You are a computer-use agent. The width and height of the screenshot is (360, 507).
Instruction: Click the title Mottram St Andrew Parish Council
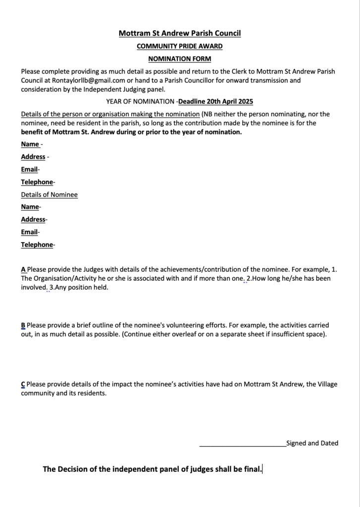click(x=180, y=34)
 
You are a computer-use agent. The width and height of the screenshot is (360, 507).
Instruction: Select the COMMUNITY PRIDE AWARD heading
click(x=180, y=47)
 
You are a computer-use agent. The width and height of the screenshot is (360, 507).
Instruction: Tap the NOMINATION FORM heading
click(x=180, y=59)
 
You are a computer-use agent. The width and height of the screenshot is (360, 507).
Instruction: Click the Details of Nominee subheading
click(x=49, y=195)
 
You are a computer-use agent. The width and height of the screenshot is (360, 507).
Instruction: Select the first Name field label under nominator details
click(x=30, y=144)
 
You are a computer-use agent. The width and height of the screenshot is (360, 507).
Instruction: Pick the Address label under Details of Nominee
click(x=33, y=219)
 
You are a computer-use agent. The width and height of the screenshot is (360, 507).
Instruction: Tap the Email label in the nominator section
click(x=29, y=169)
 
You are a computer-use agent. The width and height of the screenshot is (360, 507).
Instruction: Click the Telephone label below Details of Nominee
click(x=37, y=245)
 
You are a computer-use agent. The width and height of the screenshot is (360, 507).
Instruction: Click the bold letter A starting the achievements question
click(x=23, y=269)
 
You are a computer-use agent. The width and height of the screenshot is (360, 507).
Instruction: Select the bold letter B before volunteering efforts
click(x=23, y=325)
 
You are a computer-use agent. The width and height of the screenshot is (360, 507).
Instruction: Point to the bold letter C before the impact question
click(x=23, y=384)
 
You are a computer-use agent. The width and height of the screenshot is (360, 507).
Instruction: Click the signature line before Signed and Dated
click(x=243, y=444)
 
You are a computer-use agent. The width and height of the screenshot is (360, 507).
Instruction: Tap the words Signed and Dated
click(x=312, y=443)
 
